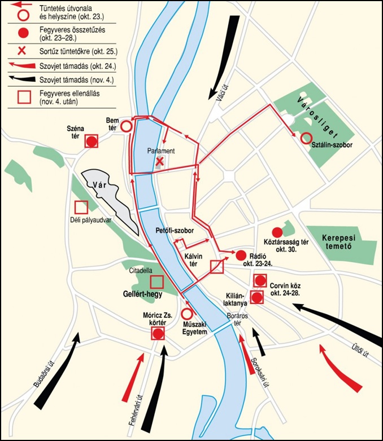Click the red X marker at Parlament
[160, 162]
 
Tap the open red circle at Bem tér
[127, 126]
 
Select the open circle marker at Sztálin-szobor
[306, 137]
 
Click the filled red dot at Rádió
[241, 254]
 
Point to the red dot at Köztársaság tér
[277, 232]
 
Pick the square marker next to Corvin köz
[260, 280]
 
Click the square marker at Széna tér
[92, 141]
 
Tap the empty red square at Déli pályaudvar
[81, 207]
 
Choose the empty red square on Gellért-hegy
[156, 281]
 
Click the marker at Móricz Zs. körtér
[158, 333]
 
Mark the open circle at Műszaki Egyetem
[187, 313]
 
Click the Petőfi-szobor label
[175, 231]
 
